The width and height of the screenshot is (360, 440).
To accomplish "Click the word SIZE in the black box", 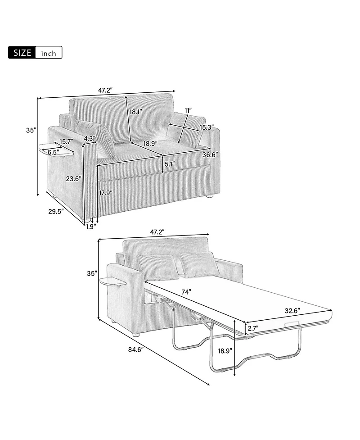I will [22, 53].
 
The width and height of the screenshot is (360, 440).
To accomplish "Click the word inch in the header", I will [49, 54].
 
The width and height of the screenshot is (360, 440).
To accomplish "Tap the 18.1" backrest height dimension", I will [136, 112].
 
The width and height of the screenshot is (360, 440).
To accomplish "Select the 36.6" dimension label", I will [210, 154].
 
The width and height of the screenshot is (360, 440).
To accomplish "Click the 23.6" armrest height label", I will [73, 179].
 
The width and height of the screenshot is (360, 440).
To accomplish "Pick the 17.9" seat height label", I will [106, 193].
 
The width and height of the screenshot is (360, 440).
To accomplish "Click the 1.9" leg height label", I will [91, 227].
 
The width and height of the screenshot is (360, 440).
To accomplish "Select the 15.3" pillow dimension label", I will [207, 127].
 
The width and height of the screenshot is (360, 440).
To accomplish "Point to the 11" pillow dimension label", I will [188, 110].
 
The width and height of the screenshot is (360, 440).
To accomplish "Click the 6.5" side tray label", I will [53, 152].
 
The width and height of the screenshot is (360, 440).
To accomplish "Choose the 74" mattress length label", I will [186, 292].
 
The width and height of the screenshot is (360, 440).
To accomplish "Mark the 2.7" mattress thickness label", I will [253, 329].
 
